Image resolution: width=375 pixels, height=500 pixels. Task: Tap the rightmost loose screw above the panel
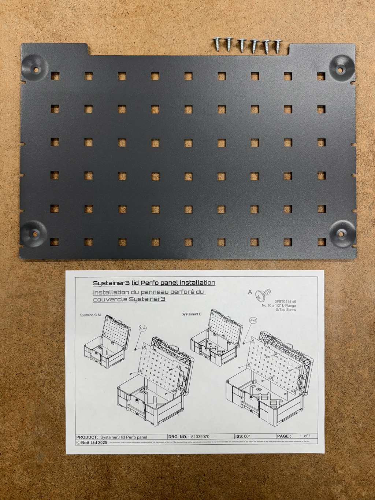coord(278,45)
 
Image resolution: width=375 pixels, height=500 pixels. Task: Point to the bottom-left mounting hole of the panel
coord(35,233)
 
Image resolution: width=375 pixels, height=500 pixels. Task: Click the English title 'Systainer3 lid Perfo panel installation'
coord(154,283)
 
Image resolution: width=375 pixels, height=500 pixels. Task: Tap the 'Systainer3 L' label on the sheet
coord(191,314)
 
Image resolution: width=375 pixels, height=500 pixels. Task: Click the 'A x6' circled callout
coord(253,321)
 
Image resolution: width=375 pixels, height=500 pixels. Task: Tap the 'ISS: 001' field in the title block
coord(243,436)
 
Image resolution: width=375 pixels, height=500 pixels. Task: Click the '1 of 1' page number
coord(305,436)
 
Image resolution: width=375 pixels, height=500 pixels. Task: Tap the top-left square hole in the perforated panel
coord(55,76)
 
